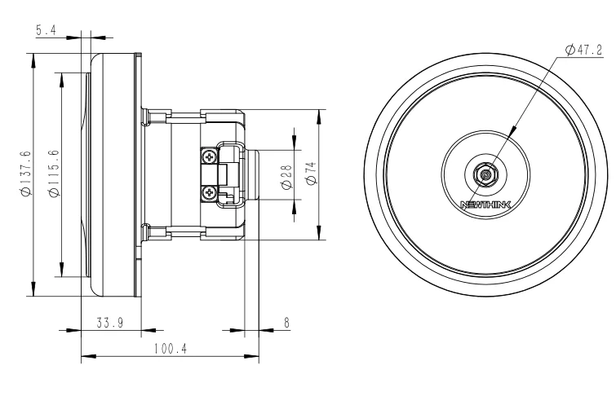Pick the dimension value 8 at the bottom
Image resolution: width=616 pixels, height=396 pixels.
[286, 323]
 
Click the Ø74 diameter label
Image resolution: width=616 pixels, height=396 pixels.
[311, 174]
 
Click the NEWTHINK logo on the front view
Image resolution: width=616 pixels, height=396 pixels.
[486, 205]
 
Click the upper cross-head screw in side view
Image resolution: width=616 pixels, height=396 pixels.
[211, 155]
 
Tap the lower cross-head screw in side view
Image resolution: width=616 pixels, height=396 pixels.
[211, 192]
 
